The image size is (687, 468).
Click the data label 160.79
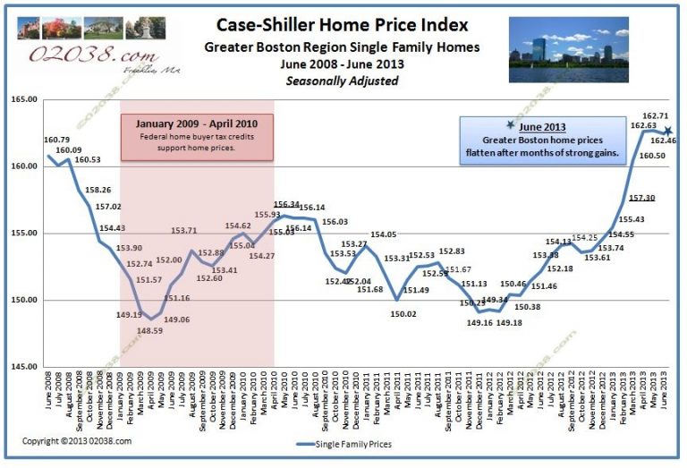click(56, 140)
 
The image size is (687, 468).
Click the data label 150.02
click(404, 314)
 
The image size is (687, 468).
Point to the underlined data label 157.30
click(615, 198)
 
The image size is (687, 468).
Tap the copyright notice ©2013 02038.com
click(77, 441)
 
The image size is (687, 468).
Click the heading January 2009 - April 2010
click(196, 123)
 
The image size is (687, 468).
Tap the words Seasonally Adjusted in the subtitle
click(342, 81)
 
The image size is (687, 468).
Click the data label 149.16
click(478, 322)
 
